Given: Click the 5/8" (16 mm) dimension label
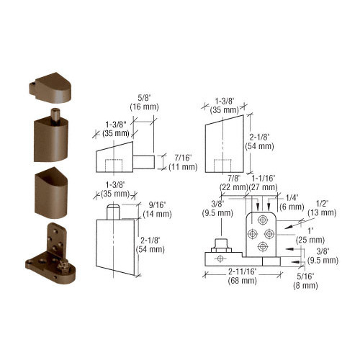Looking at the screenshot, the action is (144, 102).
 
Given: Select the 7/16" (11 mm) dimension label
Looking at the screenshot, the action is (183, 163).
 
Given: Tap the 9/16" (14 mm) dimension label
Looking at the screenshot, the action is (157, 210).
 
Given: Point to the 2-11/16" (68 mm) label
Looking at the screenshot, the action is (243, 276).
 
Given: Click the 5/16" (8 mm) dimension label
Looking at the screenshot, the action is (305, 281).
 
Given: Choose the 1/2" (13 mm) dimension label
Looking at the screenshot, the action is (322, 208).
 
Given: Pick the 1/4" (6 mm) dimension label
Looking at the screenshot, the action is (292, 202).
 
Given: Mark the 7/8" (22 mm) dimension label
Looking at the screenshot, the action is (234, 183).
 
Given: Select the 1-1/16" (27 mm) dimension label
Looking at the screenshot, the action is (264, 183).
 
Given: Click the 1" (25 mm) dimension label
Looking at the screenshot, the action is (310, 235).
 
